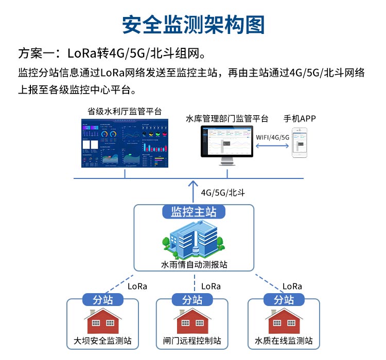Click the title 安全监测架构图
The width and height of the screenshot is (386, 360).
193,25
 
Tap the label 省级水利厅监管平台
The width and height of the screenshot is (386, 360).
124,111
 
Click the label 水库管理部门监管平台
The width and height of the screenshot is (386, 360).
227,119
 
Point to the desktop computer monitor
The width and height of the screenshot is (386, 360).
227,144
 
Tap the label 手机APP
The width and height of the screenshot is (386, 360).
300,119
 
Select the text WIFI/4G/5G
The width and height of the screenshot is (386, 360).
272,137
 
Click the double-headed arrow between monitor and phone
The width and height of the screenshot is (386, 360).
272,146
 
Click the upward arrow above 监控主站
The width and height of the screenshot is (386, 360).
194,190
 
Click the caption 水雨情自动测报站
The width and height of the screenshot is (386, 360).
194,265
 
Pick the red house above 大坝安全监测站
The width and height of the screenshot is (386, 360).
102,321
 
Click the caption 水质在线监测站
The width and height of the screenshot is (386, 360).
284,340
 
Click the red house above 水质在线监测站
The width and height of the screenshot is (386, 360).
284,321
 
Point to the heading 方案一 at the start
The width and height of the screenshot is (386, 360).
36,53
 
